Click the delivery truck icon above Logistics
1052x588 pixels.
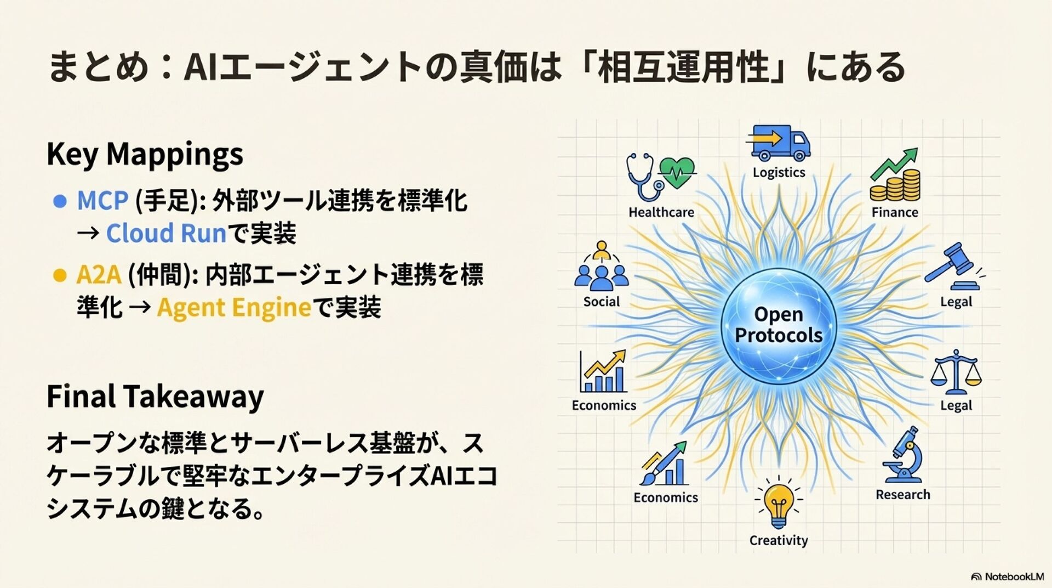coord(778,143)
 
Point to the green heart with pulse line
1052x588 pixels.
coord(677,172)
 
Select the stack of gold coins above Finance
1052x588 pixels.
coord(895,185)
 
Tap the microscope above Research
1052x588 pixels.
coord(903,455)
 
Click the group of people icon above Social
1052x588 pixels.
coord(602,268)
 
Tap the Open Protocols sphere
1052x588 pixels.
coord(779,325)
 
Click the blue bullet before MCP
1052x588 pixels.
coord(60,201)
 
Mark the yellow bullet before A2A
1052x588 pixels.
coord(59,275)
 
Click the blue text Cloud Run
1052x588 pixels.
coord(166,233)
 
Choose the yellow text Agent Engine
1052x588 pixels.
coord(234,307)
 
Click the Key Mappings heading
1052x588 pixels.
coord(145,154)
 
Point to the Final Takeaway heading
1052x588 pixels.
coord(155,396)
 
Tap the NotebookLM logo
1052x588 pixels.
coord(1007,576)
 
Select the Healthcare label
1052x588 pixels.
coord(661,212)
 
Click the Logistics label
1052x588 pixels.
coord(779,172)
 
